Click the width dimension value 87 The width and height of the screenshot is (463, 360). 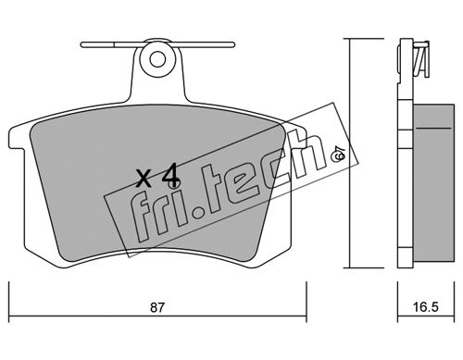pos(156,307)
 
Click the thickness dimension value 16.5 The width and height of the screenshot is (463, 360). pos(425,307)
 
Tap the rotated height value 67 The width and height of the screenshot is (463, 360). pos(337,154)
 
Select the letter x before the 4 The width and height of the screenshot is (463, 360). pos(144,180)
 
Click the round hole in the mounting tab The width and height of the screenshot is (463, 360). pos(157,59)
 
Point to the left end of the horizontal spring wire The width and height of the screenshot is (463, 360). pos(81,45)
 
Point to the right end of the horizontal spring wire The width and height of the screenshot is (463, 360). pos(233,45)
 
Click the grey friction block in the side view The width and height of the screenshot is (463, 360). pos(433,182)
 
